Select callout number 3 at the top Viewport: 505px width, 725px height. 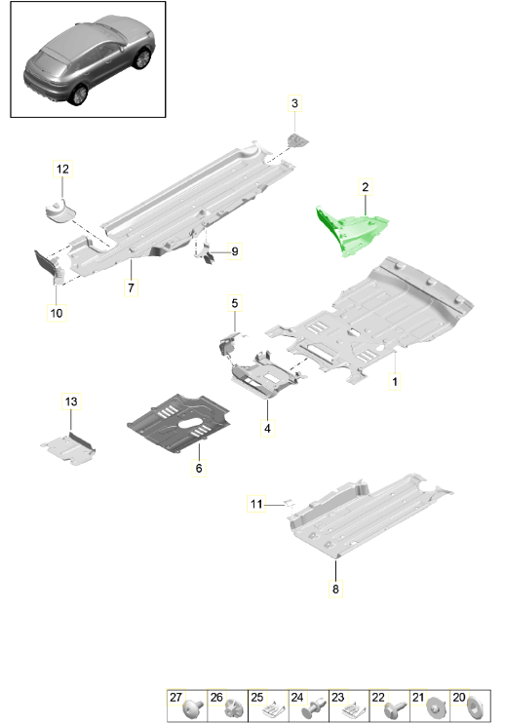tap(294, 103)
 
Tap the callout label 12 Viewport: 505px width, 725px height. tap(62, 170)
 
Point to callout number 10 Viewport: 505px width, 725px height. tap(57, 313)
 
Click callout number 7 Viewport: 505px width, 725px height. tap(131, 287)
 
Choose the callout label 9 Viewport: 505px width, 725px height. tap(235, 251)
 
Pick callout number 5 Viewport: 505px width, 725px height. tap(234, 303)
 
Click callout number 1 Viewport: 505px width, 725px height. tap(395, 382)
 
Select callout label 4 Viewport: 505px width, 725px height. tap(267, 428)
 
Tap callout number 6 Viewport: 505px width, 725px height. tap(199, 468)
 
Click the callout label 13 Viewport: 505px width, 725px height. tap(71, 401)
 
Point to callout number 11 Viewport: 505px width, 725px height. tap(256, 504)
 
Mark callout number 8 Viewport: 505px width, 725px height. tap(335, 589)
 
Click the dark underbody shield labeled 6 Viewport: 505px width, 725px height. tap(179, 423)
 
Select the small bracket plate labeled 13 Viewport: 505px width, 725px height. tap(68, 448)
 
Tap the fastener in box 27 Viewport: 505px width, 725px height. tap(194, 708)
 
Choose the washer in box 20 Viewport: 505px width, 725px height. tap(476, 708)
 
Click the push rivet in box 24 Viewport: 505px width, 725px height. tap(314, 707)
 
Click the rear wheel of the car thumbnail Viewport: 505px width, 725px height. tap(78, 95)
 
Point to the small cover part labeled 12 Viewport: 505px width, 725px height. tap(59, 210)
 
